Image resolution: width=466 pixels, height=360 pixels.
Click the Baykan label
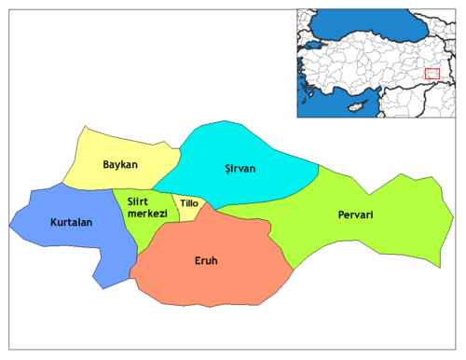120,165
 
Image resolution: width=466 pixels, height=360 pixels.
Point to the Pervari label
355,215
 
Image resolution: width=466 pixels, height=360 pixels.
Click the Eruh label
206,261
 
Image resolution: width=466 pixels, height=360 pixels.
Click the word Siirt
142,202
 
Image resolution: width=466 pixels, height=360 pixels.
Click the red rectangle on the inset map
432,74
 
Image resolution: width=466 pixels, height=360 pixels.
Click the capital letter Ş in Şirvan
228,169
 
